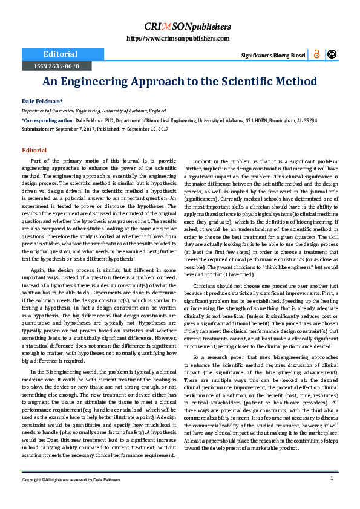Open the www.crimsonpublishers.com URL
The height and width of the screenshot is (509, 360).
[178, 39]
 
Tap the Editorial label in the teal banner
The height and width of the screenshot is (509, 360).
[56, 54]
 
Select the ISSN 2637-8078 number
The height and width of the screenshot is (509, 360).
[56, 65]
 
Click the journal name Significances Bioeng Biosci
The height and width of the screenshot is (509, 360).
[273, 55]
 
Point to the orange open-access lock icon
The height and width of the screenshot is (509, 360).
[316, 54]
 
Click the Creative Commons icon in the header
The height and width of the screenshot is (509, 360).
[332, 54]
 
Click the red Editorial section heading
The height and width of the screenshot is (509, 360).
[34, 150]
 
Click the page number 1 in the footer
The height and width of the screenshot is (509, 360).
[332, 478]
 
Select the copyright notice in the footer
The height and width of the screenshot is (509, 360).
[72, 479]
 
